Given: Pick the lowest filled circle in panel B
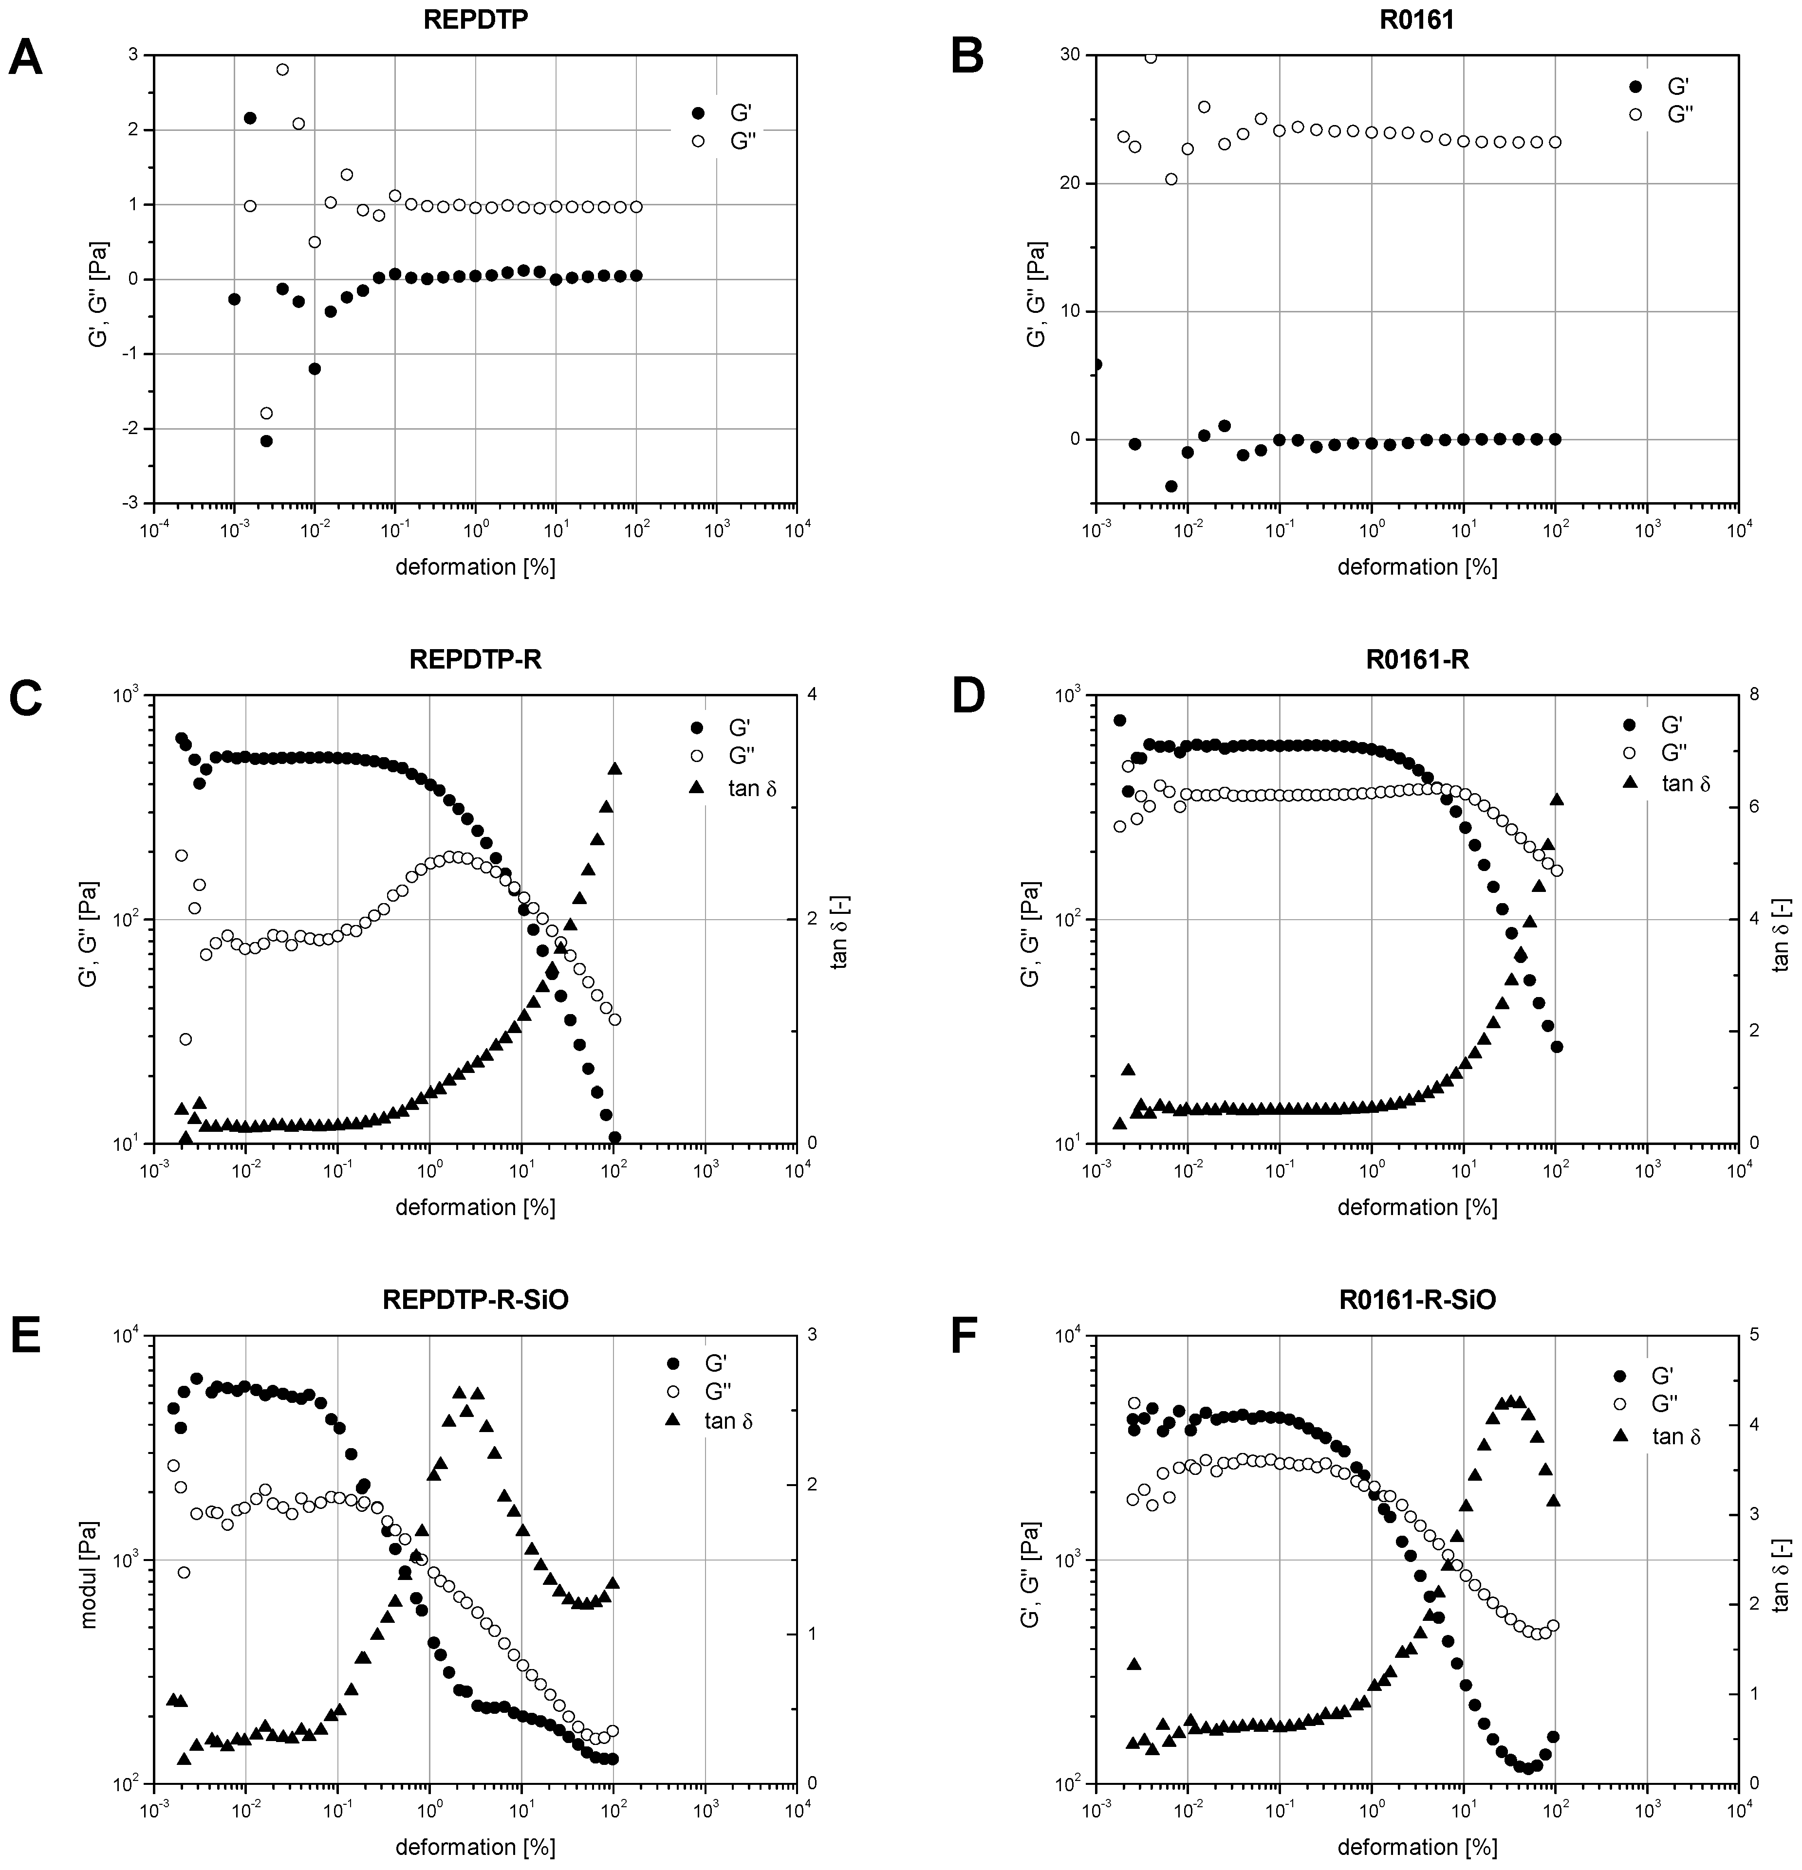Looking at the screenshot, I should pos(1171,486).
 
